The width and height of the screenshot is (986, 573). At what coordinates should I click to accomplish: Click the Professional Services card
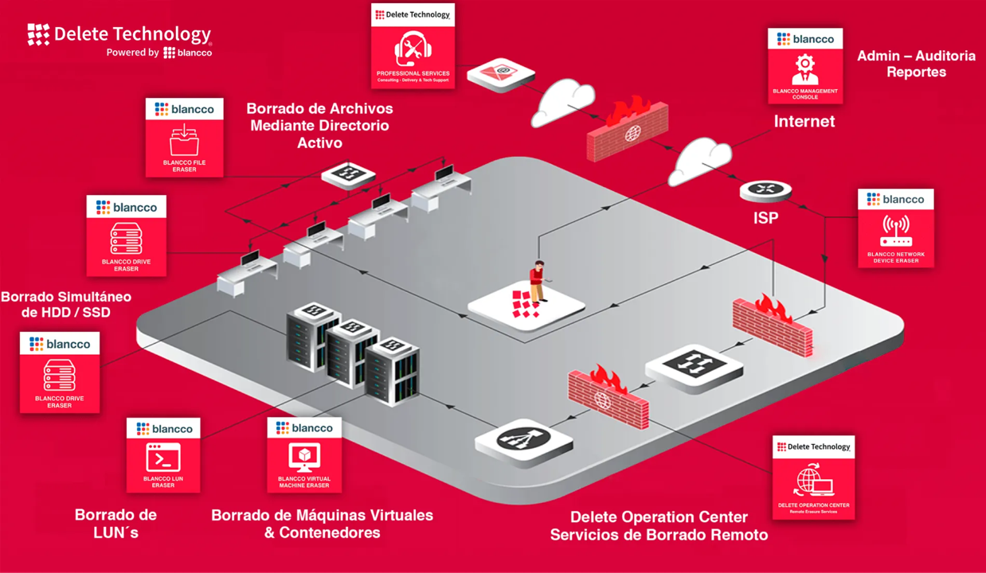[x=413, y=46]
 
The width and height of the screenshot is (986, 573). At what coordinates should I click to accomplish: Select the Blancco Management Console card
[x=804, y=66]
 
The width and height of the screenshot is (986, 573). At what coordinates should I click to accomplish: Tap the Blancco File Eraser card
[x=184, y=137]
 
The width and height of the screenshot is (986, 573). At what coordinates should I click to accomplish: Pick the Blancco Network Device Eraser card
[x=895, y=228]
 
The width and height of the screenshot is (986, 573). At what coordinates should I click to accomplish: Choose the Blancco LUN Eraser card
[x=163, y=455]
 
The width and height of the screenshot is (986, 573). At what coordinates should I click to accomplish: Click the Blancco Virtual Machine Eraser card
[x=304, y=454]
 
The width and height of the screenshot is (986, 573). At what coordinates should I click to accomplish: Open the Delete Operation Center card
[x=813, y=477]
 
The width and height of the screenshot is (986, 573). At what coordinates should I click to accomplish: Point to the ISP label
[x=765, y=217]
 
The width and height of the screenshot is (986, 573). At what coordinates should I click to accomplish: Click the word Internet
[x=804, y=122]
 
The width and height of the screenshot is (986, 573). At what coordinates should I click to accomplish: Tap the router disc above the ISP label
[x=765, y=190]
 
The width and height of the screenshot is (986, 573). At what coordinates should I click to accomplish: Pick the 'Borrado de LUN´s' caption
[x=115, y=523]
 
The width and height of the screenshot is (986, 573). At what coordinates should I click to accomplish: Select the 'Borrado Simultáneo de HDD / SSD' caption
[x=66, y=304]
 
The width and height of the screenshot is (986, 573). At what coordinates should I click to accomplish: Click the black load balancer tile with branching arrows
[x=524, y=440]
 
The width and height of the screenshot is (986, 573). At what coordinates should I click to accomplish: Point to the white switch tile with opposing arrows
[x=694, y=367]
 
